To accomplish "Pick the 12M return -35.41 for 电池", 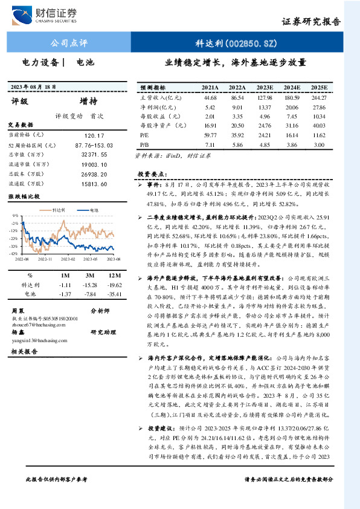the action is pyautogui.click(x=115, y=293).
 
